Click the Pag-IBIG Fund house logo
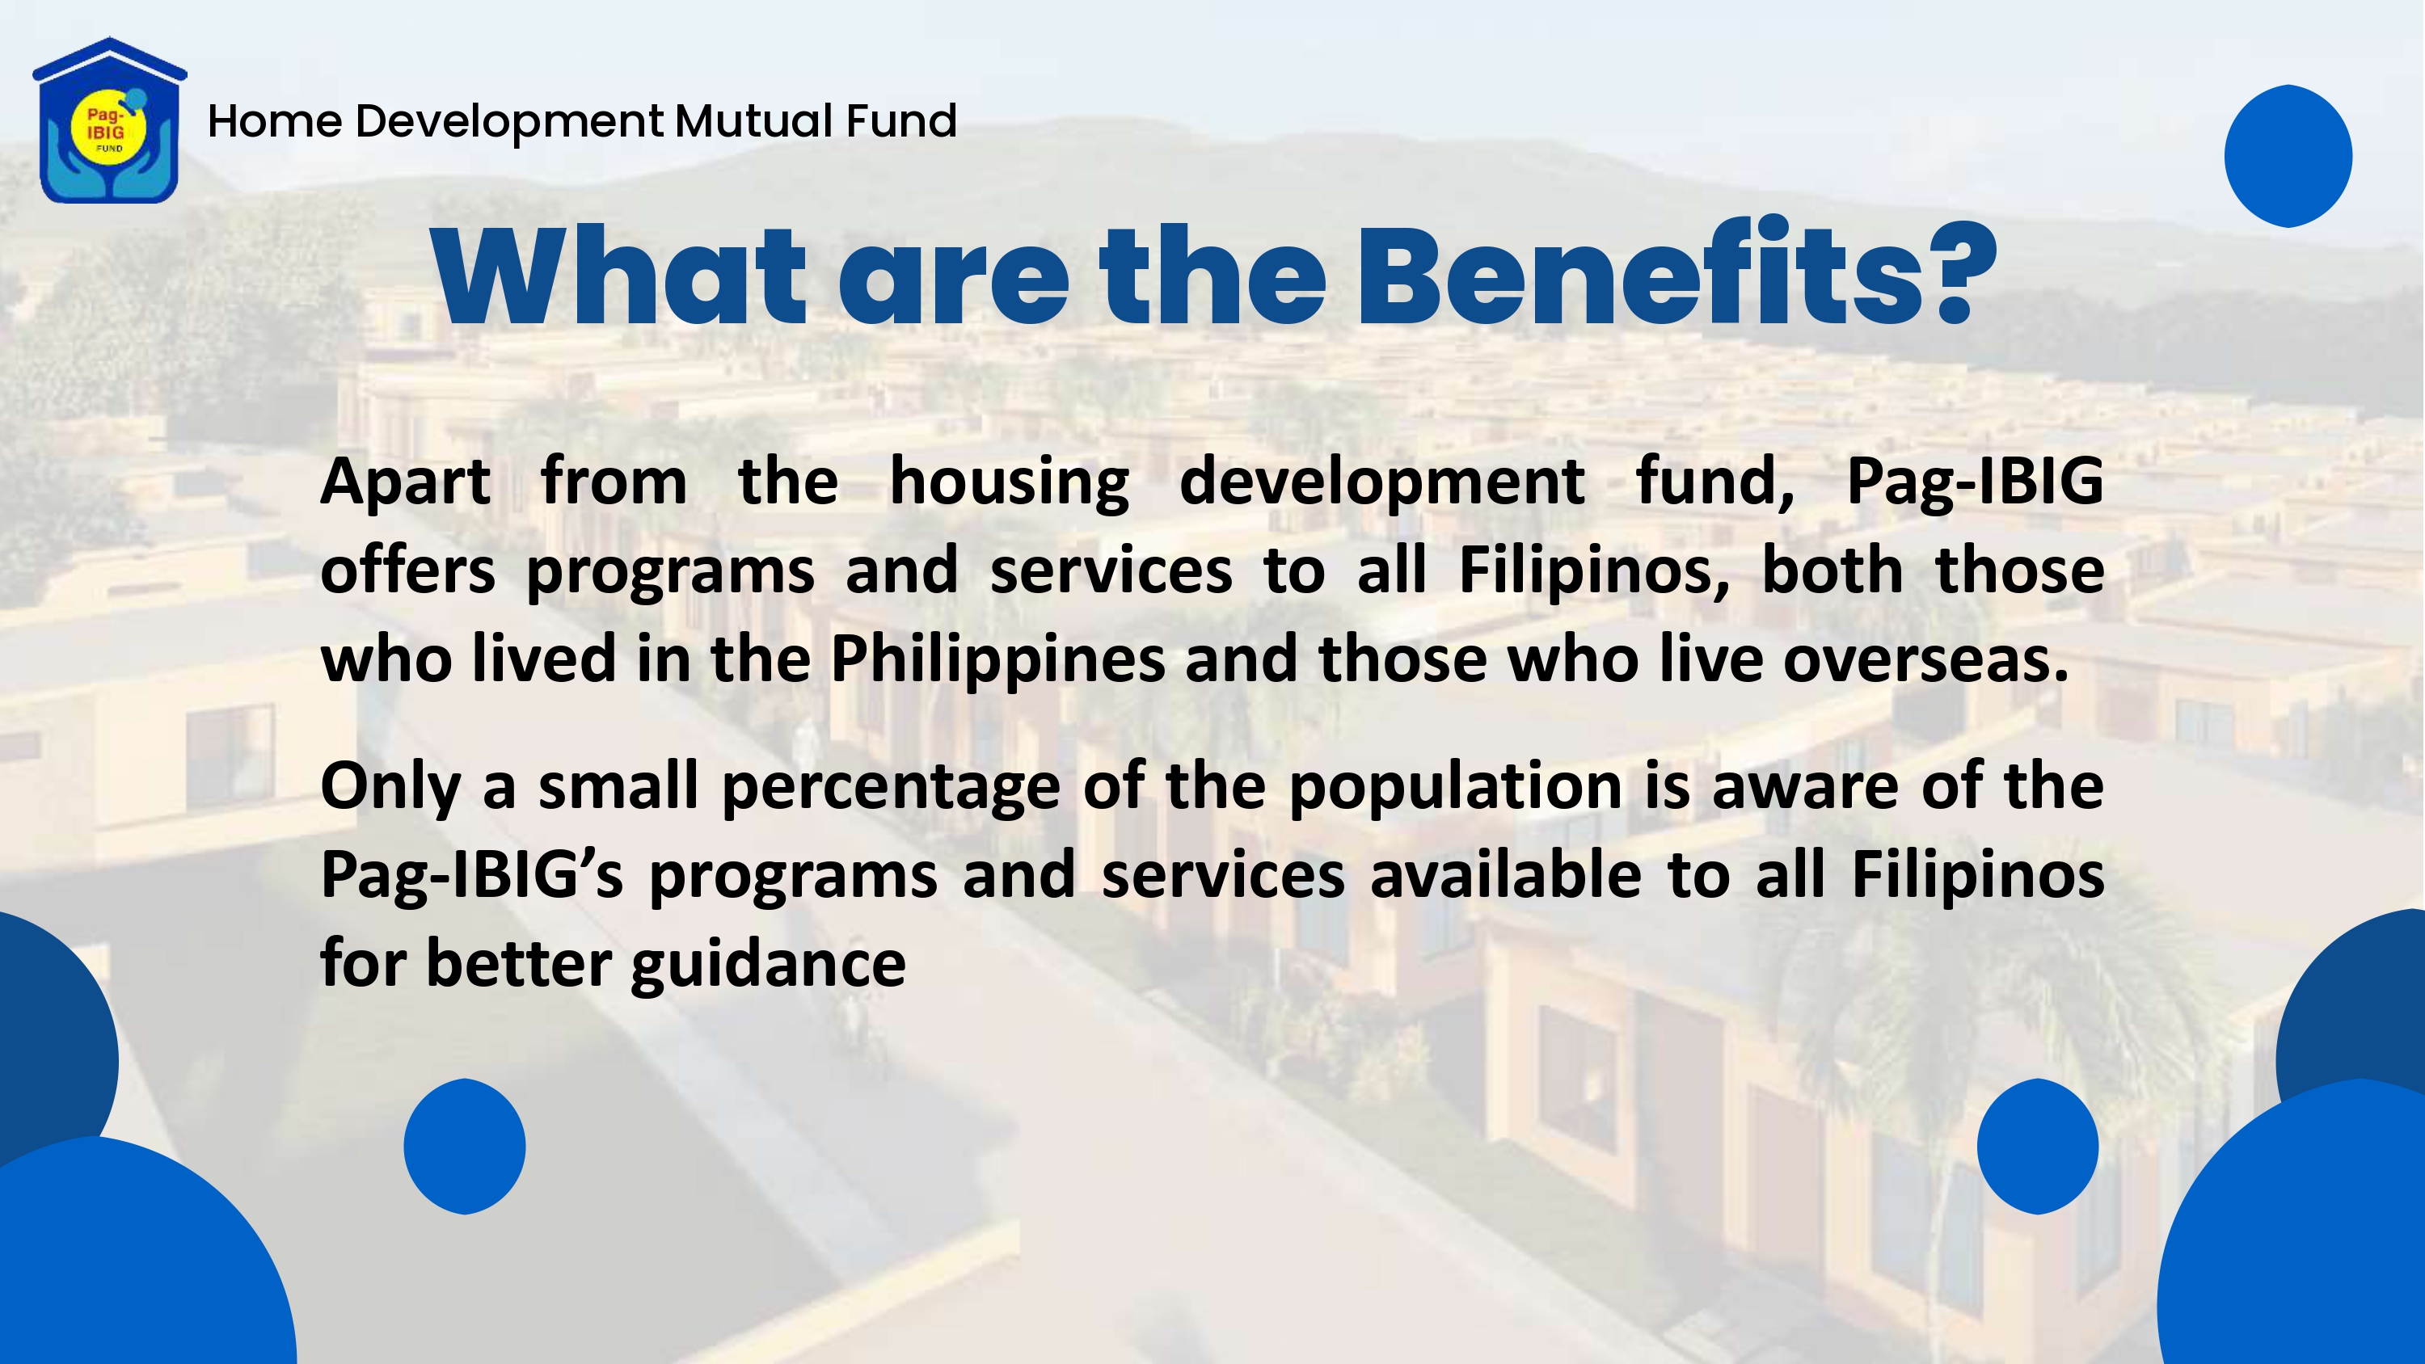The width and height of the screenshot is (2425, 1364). click(109, 120)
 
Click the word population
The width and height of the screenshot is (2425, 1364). click(1455, 787)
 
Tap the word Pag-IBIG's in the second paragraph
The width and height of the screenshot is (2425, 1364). click(471, 875)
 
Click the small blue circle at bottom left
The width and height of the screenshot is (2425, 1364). click(464, 1147)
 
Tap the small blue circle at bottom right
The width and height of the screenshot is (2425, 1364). click(2037, 1147)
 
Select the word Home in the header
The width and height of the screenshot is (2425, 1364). click(275, 120)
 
